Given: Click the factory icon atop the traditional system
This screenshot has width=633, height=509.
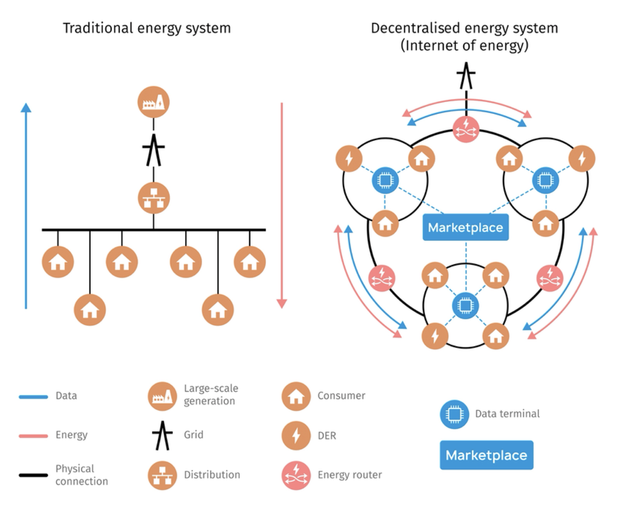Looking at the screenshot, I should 154,102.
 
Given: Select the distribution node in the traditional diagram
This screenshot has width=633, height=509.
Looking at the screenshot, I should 154,198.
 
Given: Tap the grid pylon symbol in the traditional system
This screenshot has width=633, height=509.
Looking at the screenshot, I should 154,150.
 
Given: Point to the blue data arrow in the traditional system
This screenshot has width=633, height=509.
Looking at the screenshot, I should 26,205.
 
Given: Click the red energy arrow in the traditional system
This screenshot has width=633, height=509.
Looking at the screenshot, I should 281,205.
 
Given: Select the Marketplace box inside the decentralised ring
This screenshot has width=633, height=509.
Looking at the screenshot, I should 465,228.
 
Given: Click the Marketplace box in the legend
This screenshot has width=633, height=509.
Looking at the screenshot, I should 486,455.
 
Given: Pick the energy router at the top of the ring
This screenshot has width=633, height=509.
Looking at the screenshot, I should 466,129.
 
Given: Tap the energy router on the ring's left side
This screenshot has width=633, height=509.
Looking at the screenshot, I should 382,278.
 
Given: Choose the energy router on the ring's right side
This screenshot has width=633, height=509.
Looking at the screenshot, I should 550,278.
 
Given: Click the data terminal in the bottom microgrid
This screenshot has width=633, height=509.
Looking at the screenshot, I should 465,305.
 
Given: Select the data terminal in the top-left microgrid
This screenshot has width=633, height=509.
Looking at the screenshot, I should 385,180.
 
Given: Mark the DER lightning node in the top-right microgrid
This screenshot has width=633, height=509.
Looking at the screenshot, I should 581,158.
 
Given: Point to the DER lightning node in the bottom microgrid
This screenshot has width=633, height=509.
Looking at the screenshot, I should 435,336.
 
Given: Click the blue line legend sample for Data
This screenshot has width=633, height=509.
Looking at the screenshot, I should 33,397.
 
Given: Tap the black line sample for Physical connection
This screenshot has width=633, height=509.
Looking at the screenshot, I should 33,475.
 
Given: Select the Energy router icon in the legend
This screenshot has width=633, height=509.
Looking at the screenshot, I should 296,475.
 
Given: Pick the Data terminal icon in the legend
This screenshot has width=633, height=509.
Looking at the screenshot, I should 454,414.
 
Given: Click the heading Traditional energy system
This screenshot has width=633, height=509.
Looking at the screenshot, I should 147,28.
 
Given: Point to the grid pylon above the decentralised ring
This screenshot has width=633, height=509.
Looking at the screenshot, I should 466,77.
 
